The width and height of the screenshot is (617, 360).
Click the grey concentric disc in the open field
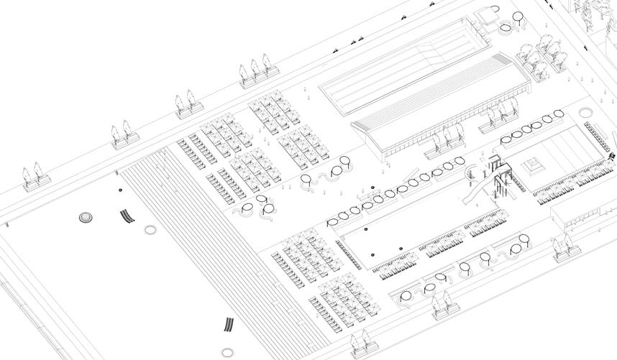tap(86, 216)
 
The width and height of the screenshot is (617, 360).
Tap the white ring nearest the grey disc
tap(150, 230)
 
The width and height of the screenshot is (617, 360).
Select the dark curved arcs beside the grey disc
tap(127, 215)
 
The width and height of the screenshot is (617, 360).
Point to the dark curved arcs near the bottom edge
tap(229, 326)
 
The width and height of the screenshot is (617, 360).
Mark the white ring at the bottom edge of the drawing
tap(228, 353)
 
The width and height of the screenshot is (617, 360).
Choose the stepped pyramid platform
tap(534, 167)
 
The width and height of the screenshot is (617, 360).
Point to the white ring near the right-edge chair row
tap(586, 112)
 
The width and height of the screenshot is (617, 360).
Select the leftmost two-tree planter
tap(32, 177)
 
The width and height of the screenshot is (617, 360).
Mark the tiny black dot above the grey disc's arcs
tap(120, 190)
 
